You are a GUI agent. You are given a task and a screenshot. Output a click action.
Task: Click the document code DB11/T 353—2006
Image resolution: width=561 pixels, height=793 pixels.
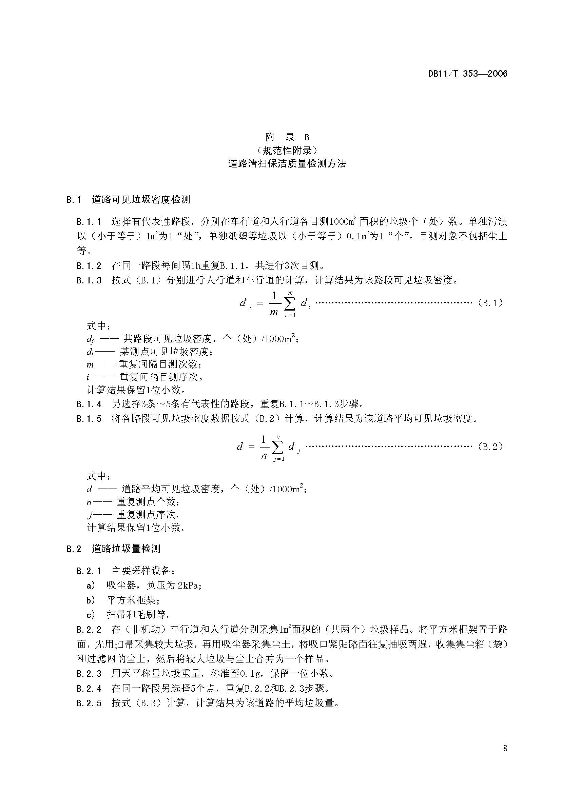(x=467, y=74)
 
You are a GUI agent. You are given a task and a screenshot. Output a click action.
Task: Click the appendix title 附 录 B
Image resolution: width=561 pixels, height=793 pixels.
(x=287, y=137)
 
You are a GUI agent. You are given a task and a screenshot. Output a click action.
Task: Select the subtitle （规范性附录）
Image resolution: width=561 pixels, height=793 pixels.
(x=287, y=150)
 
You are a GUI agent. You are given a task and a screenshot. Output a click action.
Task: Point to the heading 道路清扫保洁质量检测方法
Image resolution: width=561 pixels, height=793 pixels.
(x=287, y=163)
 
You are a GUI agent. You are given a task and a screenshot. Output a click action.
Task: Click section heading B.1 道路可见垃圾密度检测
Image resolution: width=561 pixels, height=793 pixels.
(x=128, y=199)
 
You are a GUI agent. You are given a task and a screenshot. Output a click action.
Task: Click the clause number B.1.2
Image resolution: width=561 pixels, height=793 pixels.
(x=89, y=265)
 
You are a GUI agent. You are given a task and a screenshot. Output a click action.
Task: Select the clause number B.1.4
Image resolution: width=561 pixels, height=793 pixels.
(x=89, y=404)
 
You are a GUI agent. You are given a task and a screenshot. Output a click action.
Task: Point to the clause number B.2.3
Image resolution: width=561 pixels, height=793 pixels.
(x=89, y=674)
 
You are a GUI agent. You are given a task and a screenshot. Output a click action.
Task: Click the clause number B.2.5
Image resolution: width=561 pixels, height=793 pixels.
(x=89, y=703)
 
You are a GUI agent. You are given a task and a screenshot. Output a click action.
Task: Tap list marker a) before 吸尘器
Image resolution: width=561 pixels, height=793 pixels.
(x=91, y=586)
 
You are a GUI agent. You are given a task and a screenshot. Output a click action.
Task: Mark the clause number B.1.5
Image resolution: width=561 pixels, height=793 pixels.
(x=89, y=419)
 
